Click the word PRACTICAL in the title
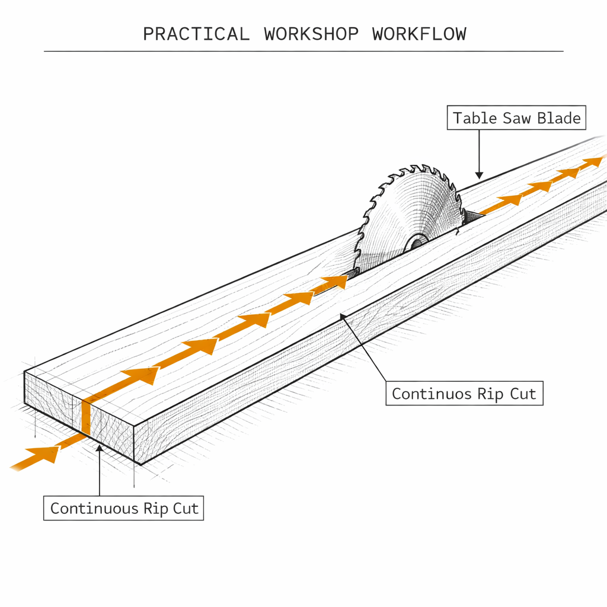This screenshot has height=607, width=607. tap(196, 34)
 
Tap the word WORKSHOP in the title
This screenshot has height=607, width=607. tap(311, 34)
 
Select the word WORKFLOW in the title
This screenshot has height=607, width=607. tap(419, 34)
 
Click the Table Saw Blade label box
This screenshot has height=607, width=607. tap(516, 119)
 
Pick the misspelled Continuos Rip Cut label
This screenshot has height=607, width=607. tap(464, 394)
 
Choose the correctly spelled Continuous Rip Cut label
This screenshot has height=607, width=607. tap(124, 509)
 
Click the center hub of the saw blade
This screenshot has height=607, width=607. tap(416, 241)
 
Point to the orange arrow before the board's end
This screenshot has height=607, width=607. tap(41, 454)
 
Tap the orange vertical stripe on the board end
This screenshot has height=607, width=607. tap(85, 418)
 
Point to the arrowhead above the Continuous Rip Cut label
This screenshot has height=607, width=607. tap(100, 448)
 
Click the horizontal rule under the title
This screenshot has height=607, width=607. tap(303, 52)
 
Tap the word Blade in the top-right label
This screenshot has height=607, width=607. tap(558, 119)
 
